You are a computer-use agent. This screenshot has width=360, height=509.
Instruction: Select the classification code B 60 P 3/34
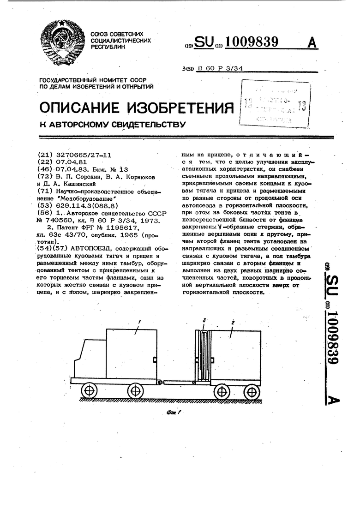click(220, 69)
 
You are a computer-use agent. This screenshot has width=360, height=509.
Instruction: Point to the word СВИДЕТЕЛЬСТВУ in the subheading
click(146, 124)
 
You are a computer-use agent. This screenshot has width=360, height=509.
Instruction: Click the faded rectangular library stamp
click(276, 105)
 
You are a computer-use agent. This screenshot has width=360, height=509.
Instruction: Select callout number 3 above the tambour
click(203, 319)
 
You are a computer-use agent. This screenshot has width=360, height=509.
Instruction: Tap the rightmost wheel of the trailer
click(251, 392)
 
